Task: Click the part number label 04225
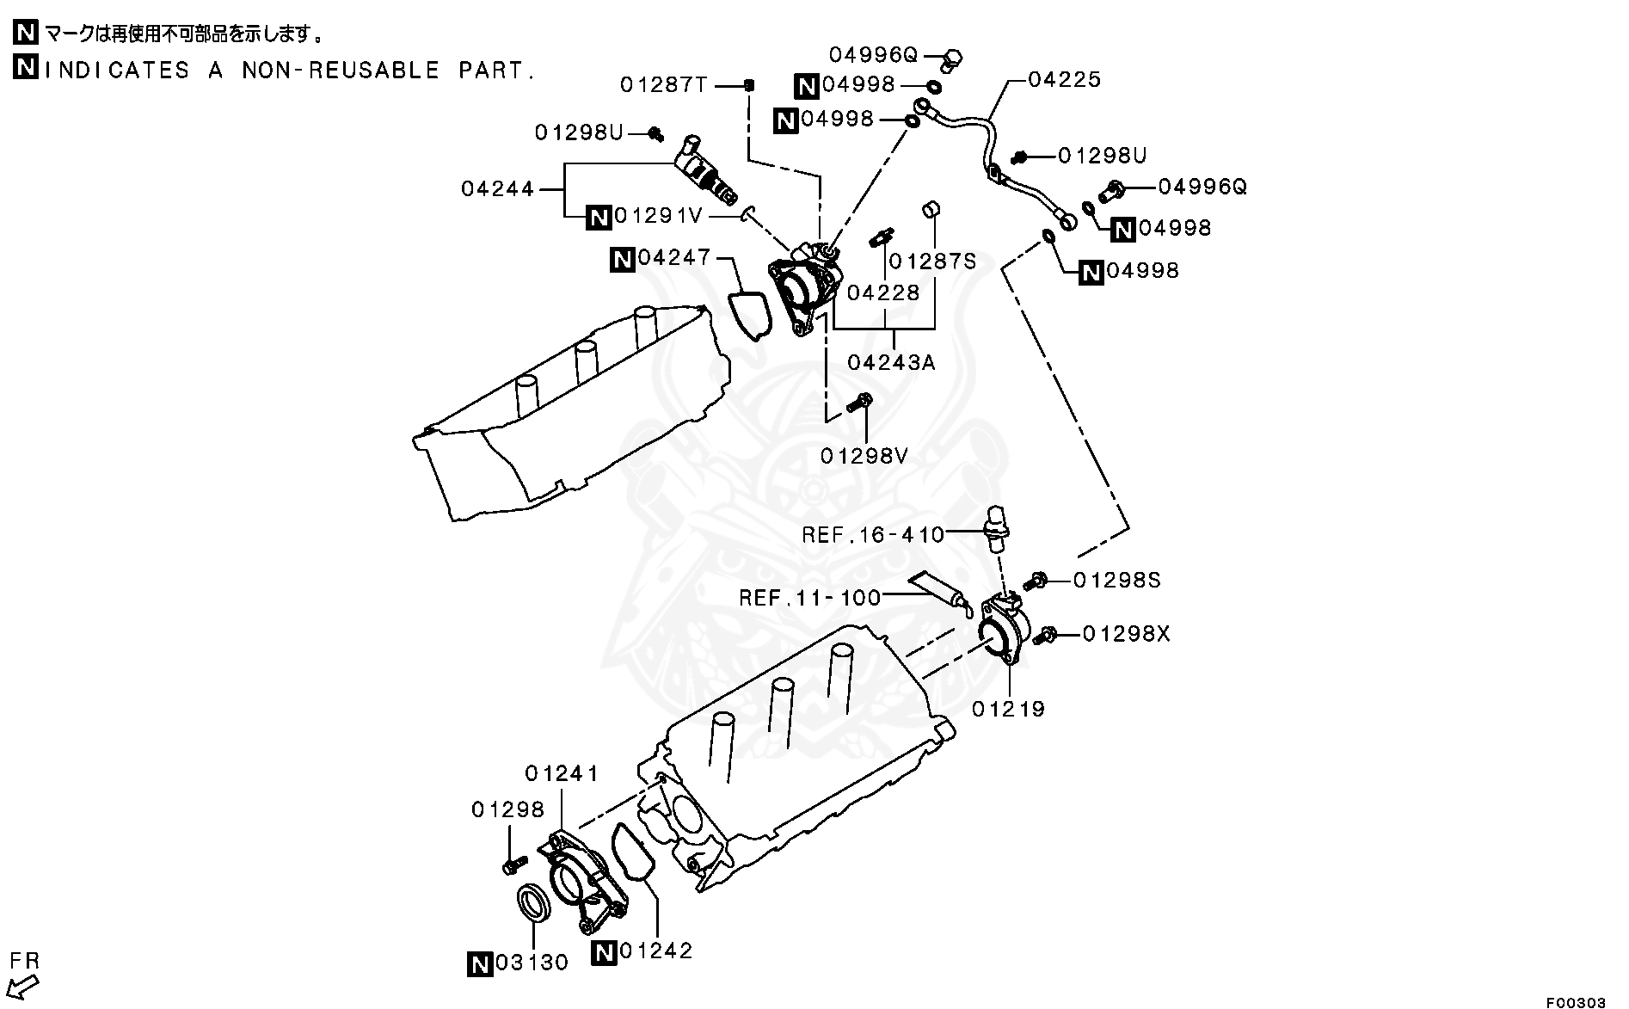[1065, 80]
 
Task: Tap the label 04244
[498, 188]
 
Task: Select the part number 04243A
[891, 362]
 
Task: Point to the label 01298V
[864, 456]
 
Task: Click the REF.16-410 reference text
[873, 535]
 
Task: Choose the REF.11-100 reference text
[810, 597]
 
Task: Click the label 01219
[1009, 710]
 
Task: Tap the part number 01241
[562, 773]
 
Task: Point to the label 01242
[655, 951]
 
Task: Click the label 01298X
[1127, 634]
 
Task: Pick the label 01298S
[1117, 581]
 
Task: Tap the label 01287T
[664, 85]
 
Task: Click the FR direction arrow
[26, 985]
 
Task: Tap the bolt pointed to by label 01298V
[860, 402]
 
